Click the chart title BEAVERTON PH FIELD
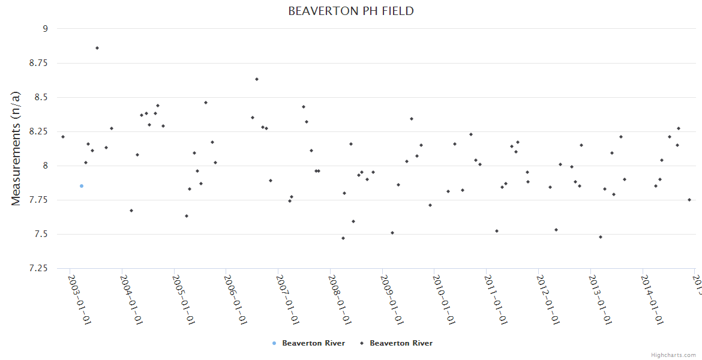pos(351,11)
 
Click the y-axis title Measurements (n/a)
pos(16,148)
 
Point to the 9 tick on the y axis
pos(44,28)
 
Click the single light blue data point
pos(82,186)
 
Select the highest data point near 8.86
pos(97,48)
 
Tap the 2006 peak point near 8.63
pos(257,79)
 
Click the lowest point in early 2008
pos(343,238)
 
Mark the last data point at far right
pos(689,200)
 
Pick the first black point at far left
pos(63,137)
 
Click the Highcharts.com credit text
pos(674,355)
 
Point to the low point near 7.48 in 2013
pos(601,237)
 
